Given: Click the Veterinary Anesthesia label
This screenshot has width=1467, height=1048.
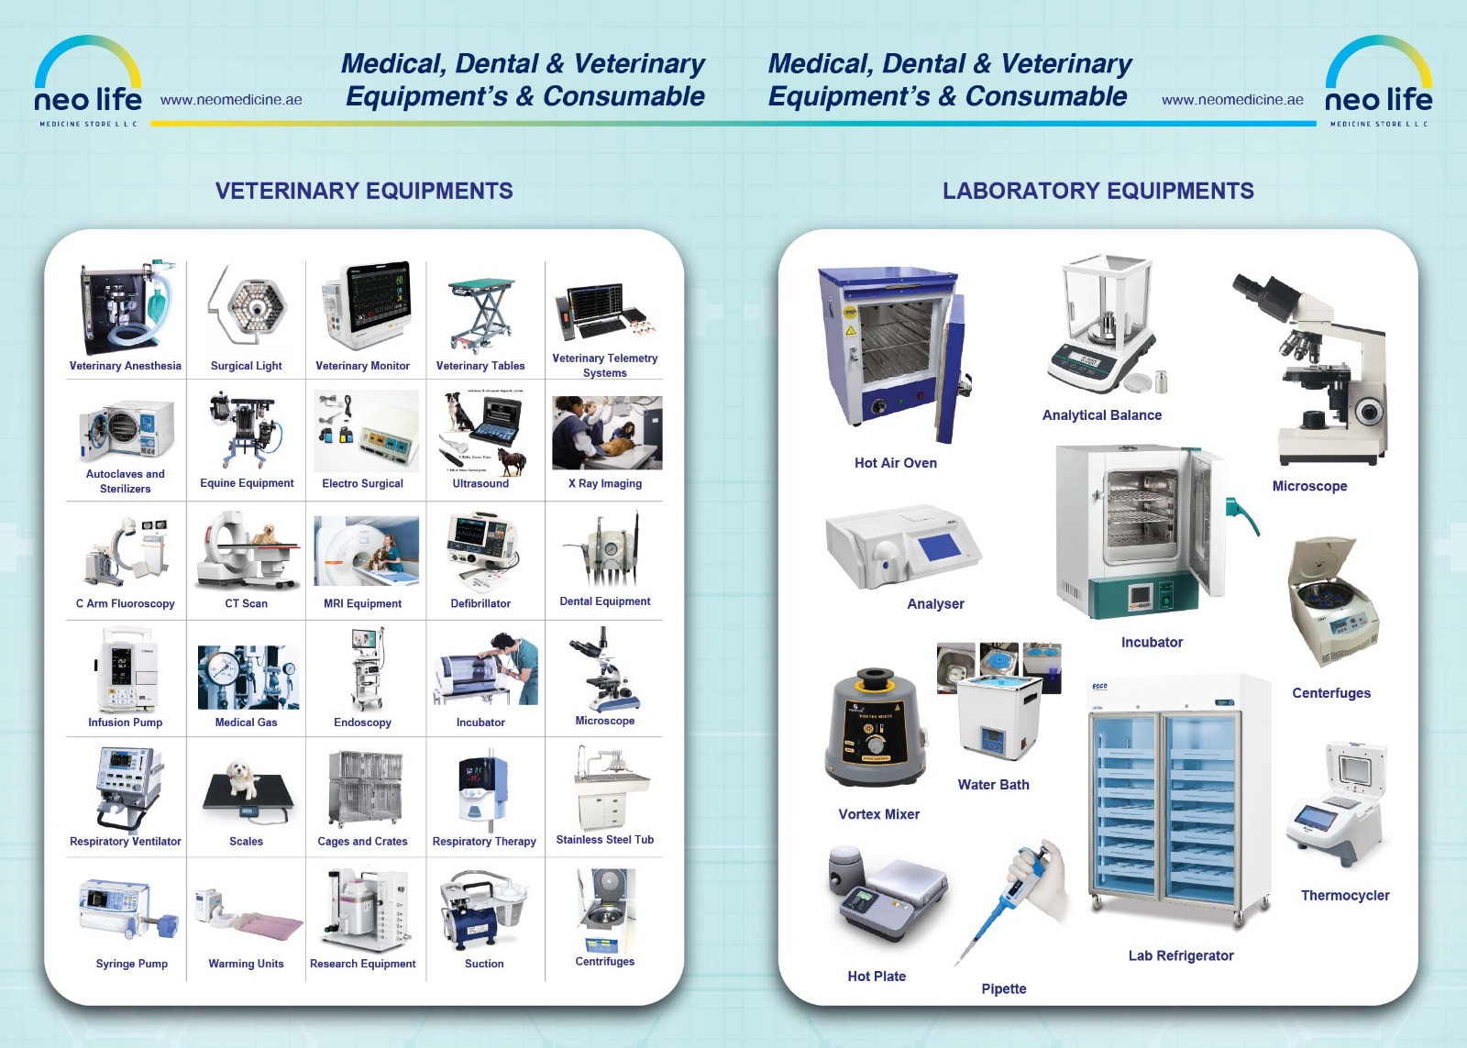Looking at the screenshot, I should pyautogui.click(x=126, y=366).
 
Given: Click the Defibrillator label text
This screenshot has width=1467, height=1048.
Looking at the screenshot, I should pyautogui.click(x=480, y=603).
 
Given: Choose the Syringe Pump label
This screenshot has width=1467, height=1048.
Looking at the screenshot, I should pyautogui.click(x=132, y=964).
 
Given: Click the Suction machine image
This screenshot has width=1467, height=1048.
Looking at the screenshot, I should pyautogui.click(x=483, y=910).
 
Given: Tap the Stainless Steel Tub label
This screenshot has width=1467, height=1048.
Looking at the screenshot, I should pyautogui.click(x=605, y=840).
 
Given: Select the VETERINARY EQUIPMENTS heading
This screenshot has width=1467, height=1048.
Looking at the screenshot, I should pyautogui.click(x=364, y=191).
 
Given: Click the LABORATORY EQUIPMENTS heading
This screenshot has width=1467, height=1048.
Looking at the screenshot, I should pyautogui.click(x=1097, y=191).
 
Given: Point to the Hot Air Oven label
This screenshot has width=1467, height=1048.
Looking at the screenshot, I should pyautogui.click(x=896, y=463).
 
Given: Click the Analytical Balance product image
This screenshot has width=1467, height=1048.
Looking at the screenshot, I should pyautogui.click(x=1106, y=325).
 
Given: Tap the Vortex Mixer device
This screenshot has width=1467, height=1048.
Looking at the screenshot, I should pyautogui.click(x=876, y=729).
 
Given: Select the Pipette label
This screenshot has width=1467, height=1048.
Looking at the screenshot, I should pyautogui.click(x=1004, y=988).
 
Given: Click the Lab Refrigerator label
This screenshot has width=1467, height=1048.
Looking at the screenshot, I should pyautogui.click(x=1181, y=955).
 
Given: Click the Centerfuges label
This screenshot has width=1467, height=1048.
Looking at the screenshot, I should pyautogui.click(x=1331, y=693).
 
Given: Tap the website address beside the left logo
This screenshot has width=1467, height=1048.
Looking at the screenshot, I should pyautogui.click(x=231, y=100).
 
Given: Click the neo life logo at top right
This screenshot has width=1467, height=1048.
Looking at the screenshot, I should pyautogui.click(x=1378, y=83).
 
